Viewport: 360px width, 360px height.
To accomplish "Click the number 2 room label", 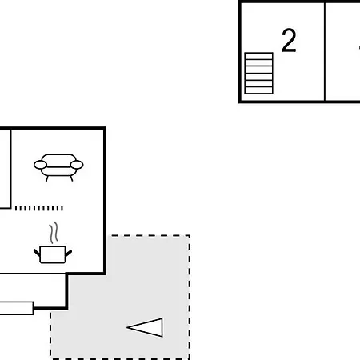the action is pyautogui.click(x=289, y=40).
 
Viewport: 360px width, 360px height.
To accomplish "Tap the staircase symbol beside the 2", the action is pyautogui.click(x=258, y=74).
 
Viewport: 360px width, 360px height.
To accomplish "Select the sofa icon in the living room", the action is pyautogui.click(x=58, y=167).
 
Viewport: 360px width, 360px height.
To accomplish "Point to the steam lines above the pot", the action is pyautogui.click(x=54, y=233).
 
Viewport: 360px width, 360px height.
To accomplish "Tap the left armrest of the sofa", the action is pyautogui.click(x=40, y=165).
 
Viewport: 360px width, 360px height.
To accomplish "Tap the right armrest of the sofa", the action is pyautogui.click(x=77, y=165).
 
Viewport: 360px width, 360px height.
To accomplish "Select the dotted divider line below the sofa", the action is pyautogui.click(x=39, y=208).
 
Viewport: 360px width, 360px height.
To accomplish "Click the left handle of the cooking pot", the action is pyautogui.click(x=37, y=252).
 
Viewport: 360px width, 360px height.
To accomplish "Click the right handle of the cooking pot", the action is pyautogui.click(x=69, y=253).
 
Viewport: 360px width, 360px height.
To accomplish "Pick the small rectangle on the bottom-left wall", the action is pyautogui.click(x=17, y=308).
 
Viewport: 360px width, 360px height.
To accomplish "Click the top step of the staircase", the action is pyautogui.click(x=258, y=56).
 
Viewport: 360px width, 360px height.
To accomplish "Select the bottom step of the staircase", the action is pyautogui.click(x=258, y=90).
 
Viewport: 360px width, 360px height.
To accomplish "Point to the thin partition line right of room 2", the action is pyautogui.click(x=325, y=52).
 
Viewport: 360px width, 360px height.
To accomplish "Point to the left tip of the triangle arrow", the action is pyautogui.click(x=127, y=327).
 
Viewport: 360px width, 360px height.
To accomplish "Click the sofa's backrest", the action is pyautogui.click(x=58, y=160).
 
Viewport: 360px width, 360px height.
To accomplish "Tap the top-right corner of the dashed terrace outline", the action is pyautogui.click(x=190, y=235).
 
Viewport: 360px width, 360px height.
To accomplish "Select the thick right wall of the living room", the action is pyautogui.click(x=105, y=201).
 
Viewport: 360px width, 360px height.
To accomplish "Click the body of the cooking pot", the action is pyautogui.click(x=53, y=254).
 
